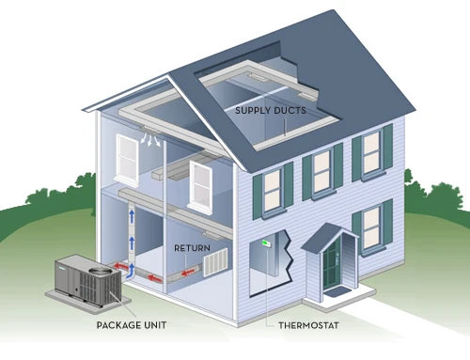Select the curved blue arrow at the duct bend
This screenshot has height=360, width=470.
[132, 271]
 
